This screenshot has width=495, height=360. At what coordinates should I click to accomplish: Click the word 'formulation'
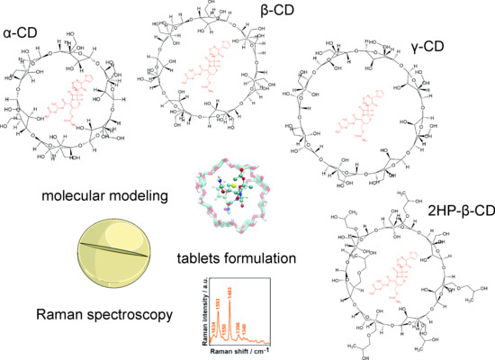pos(266,259)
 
